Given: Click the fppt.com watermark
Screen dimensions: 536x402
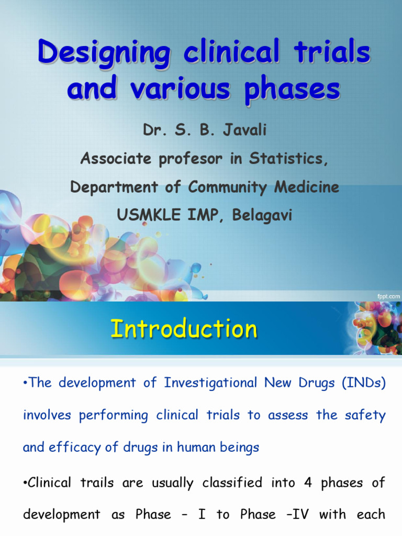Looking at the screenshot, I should pos(388,296).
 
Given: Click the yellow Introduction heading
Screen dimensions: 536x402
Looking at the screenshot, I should pos(184,329).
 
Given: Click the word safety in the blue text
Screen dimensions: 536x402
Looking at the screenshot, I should pos(365,415).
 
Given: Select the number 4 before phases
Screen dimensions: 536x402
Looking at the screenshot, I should pos(308,482).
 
